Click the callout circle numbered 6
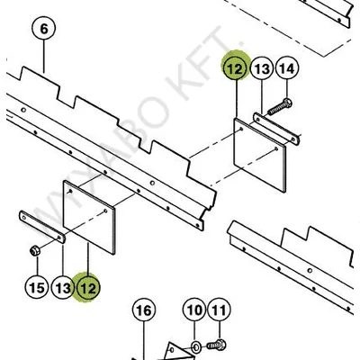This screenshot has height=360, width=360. pyautogui.click(x=44, y=29)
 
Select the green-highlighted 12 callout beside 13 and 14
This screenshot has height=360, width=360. pyautogui.click(x=235, y=68)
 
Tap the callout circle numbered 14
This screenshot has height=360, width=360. pyautogui.click(x=287, y=68)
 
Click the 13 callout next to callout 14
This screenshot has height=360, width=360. pyautogui.click(x=262, y=68)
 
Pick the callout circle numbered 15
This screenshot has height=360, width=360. pyautogui.click(x=37, y=288)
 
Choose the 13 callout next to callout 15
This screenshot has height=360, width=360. pyautogui.click(x=64, y=288)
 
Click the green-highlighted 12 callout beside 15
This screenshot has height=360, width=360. pyautogui.click(x=88, y=288)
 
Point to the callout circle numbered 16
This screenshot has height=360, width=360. pyautogui.click(x=144, y=310)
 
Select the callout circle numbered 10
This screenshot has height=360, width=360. pyautogui.click(x=194, y=310)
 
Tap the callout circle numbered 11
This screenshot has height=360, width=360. pyautogui.click(x=219, y=310)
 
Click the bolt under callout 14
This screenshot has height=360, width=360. pyautogui.click(x=280, y=107)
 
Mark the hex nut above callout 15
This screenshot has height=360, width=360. pyautogui.click(x=35, y=250)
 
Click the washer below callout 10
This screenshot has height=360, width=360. pyautogui.click(x=196, y=347)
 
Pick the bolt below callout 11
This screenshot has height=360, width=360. pyautogui.click(x=217, y=345)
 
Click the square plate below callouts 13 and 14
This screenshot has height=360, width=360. pyautogui.click(x=260, y=155)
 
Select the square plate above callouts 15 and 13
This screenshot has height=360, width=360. pyautogui.click(x=89, y=218)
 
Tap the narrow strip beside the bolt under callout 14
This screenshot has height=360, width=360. pyautogui.click(x=276, y=129)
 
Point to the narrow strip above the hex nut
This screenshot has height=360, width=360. pyautogui.click(x=42, y=227)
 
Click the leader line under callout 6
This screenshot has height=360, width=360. pyautogui.click(x=44, y=58)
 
